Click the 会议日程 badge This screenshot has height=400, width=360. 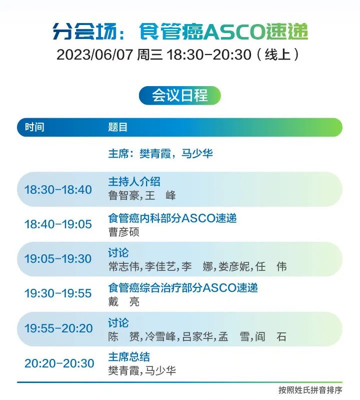179,96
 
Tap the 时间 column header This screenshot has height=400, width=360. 34,127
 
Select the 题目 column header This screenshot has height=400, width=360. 117,127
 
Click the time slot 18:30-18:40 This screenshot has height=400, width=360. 58,190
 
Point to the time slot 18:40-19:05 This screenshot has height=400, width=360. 58,224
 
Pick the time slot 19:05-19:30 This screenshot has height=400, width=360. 58,259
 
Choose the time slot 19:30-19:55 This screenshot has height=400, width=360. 58,293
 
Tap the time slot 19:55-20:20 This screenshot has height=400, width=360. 58,328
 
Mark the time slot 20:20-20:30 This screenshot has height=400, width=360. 59,363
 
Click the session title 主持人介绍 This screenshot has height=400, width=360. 134,182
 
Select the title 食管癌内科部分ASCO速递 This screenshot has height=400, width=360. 172,218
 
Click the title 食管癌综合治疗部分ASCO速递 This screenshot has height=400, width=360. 183,288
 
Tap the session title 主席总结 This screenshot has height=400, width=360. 129,357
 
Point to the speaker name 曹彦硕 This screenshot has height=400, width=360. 124,232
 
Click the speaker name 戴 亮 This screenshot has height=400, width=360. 124,302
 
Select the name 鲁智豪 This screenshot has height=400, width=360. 124,196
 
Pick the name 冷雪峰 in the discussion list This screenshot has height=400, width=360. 160,337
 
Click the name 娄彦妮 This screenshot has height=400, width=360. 234,266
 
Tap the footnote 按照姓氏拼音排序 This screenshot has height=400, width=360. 310,390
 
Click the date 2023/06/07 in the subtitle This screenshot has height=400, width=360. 95,55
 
